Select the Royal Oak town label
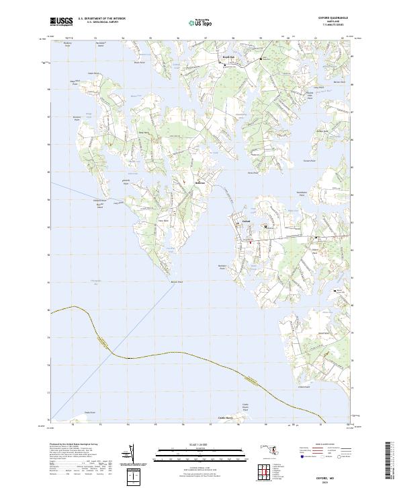[228, 59]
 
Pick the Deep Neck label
[143, 132]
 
